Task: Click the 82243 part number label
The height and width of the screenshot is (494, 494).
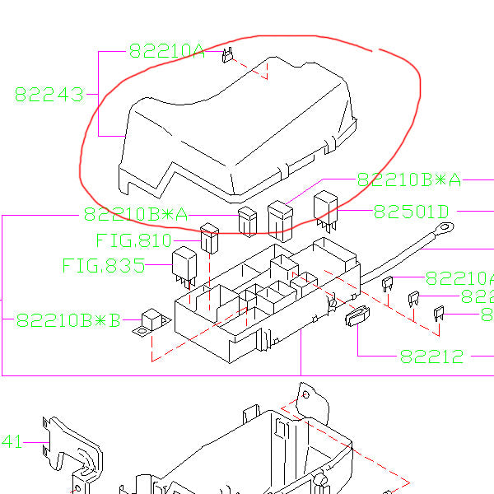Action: coord(49,95)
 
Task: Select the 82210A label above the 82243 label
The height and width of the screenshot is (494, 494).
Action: coord(165,51)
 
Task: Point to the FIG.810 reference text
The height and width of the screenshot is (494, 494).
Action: coord(133,241)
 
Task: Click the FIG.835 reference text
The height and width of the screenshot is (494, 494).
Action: coord(103,266)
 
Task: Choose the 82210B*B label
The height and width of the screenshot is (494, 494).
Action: coord(68,319)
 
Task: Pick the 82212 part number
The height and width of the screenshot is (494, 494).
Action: coord(432,357)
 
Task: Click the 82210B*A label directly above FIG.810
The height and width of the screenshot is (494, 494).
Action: coord(135,215)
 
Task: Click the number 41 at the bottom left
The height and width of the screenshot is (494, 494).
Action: coord(12,442)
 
